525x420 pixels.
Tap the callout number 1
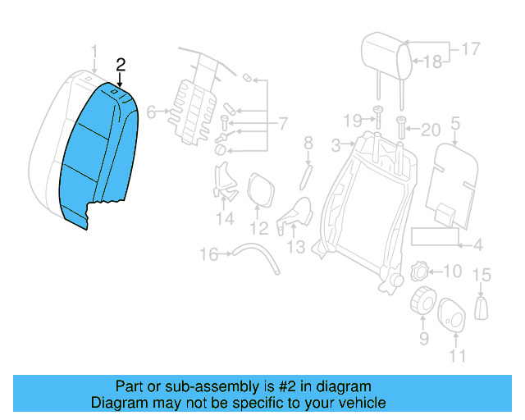tap(94, 53)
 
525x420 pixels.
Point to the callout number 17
tap(469, 49)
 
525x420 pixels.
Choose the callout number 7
tap(283, 125)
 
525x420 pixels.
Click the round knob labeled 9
tap(424, 302)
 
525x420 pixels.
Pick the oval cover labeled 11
tap(452, 315)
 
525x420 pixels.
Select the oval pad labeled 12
tap(260, 189)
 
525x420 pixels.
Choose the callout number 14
tap(225, 219)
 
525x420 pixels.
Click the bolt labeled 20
tap(401, 127)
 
